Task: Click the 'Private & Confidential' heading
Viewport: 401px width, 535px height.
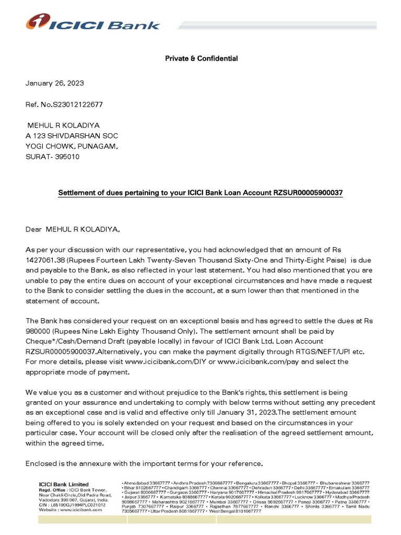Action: pos(201,59)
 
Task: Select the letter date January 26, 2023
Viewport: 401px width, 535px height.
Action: pos(55,83)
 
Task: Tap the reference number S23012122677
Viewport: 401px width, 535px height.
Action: pos(77,104)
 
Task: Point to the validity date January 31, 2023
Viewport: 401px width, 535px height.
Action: pos(244,413)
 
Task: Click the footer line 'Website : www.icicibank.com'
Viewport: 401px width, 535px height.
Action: pos(70,510)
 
